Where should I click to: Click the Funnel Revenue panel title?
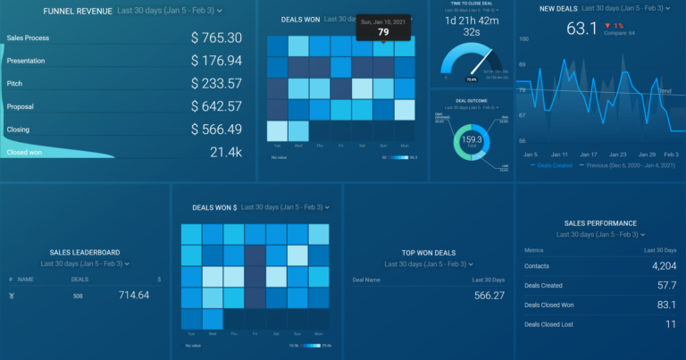click(x=72, y=10)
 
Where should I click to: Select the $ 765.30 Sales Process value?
click(x=216, y=38)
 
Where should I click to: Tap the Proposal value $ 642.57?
click(x=216, y=106)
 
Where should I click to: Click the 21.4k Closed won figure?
click(x=225, y=153)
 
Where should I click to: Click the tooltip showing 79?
click(x=383, y=31)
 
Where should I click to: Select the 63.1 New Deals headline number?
click(x=581, y=29)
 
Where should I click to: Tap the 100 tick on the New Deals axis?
click(x=523, y=39)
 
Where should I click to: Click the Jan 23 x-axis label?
click(x=618, y=155)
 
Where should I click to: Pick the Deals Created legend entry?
click(x=554, y=165)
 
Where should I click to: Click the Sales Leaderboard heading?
click(x=86, y=253)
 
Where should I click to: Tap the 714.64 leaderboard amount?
click(x=135, y=295)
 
